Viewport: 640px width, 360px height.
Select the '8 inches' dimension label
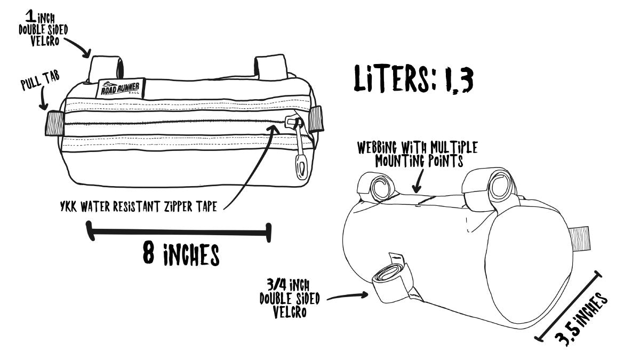pyautogui.click(x=181, y=254)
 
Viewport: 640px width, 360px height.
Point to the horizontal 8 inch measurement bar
pyautogui.click(x=179, y=231)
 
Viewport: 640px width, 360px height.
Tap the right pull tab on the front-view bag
pyautogui.click(x=316, y=118)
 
